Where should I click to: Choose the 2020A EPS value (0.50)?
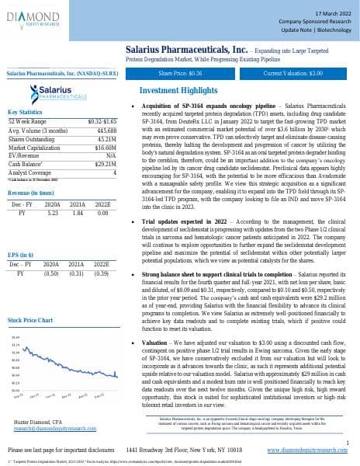tap(54, 273)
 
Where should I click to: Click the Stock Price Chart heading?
tap(29, 320)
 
